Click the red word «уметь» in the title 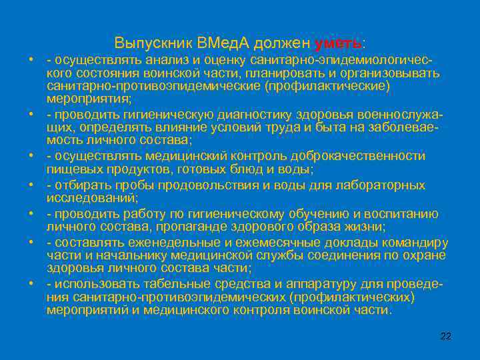[x=338, y=43]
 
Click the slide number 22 [x=446, y=336]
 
